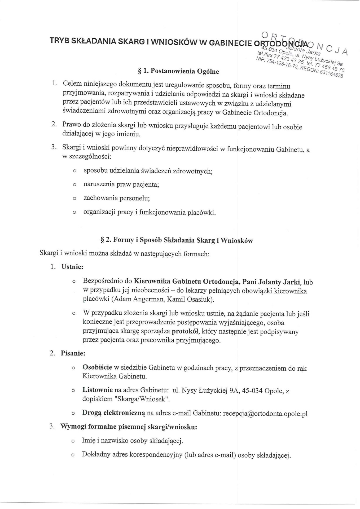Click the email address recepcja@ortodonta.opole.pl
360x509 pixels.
pyautogui.click(x=265, y=414)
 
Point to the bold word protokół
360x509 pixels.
pyautogui.click(x=186, y=331)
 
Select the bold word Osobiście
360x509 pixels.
pyautogui.click(x=97, y=367)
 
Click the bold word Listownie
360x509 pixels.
pyautogui.click(x=98, y=390)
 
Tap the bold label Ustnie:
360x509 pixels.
pyautogui.click(x=72, y=267)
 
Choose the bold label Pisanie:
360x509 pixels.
pyautogui.click(x=73, y=353)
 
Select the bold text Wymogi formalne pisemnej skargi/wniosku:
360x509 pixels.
pyautogui.click(x=129, y=427)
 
